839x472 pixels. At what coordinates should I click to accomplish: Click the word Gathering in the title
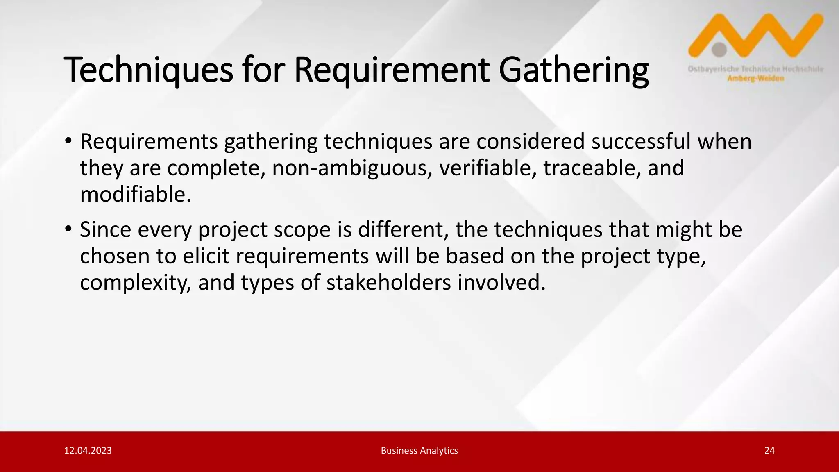(x=574, y=70)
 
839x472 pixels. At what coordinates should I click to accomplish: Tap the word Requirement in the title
(x=392, y=70)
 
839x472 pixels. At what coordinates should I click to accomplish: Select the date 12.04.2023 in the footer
(x=88, y=451)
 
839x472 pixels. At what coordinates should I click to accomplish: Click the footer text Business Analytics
(x=419, y=451)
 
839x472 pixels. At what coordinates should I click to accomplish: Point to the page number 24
(x=769, y=451)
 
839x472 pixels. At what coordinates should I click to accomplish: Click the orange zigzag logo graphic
(x=770, y=35)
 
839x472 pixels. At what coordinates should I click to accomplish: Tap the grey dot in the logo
(x=719, y=50)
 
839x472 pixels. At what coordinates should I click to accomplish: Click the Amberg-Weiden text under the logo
(x=755, y=79)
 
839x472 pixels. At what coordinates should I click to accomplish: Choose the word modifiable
(x=135, y=195)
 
